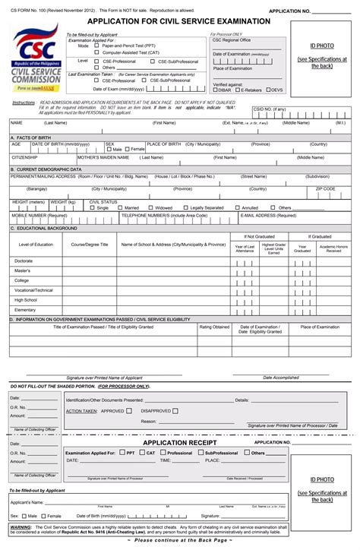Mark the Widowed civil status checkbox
click(x=150, y=207)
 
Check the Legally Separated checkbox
click(x=186, y=207)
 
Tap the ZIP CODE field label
click(x=325, y=188)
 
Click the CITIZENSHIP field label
click(x=24, y=157)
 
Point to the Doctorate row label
click(x=24, y=261)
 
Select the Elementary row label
click(x=25, y=310)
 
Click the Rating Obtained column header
click(x=214, y=327)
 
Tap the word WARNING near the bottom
click(x=21, y=526)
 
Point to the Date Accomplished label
click(x=281, y=378)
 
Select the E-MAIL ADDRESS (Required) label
click(x=268, y=215)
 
